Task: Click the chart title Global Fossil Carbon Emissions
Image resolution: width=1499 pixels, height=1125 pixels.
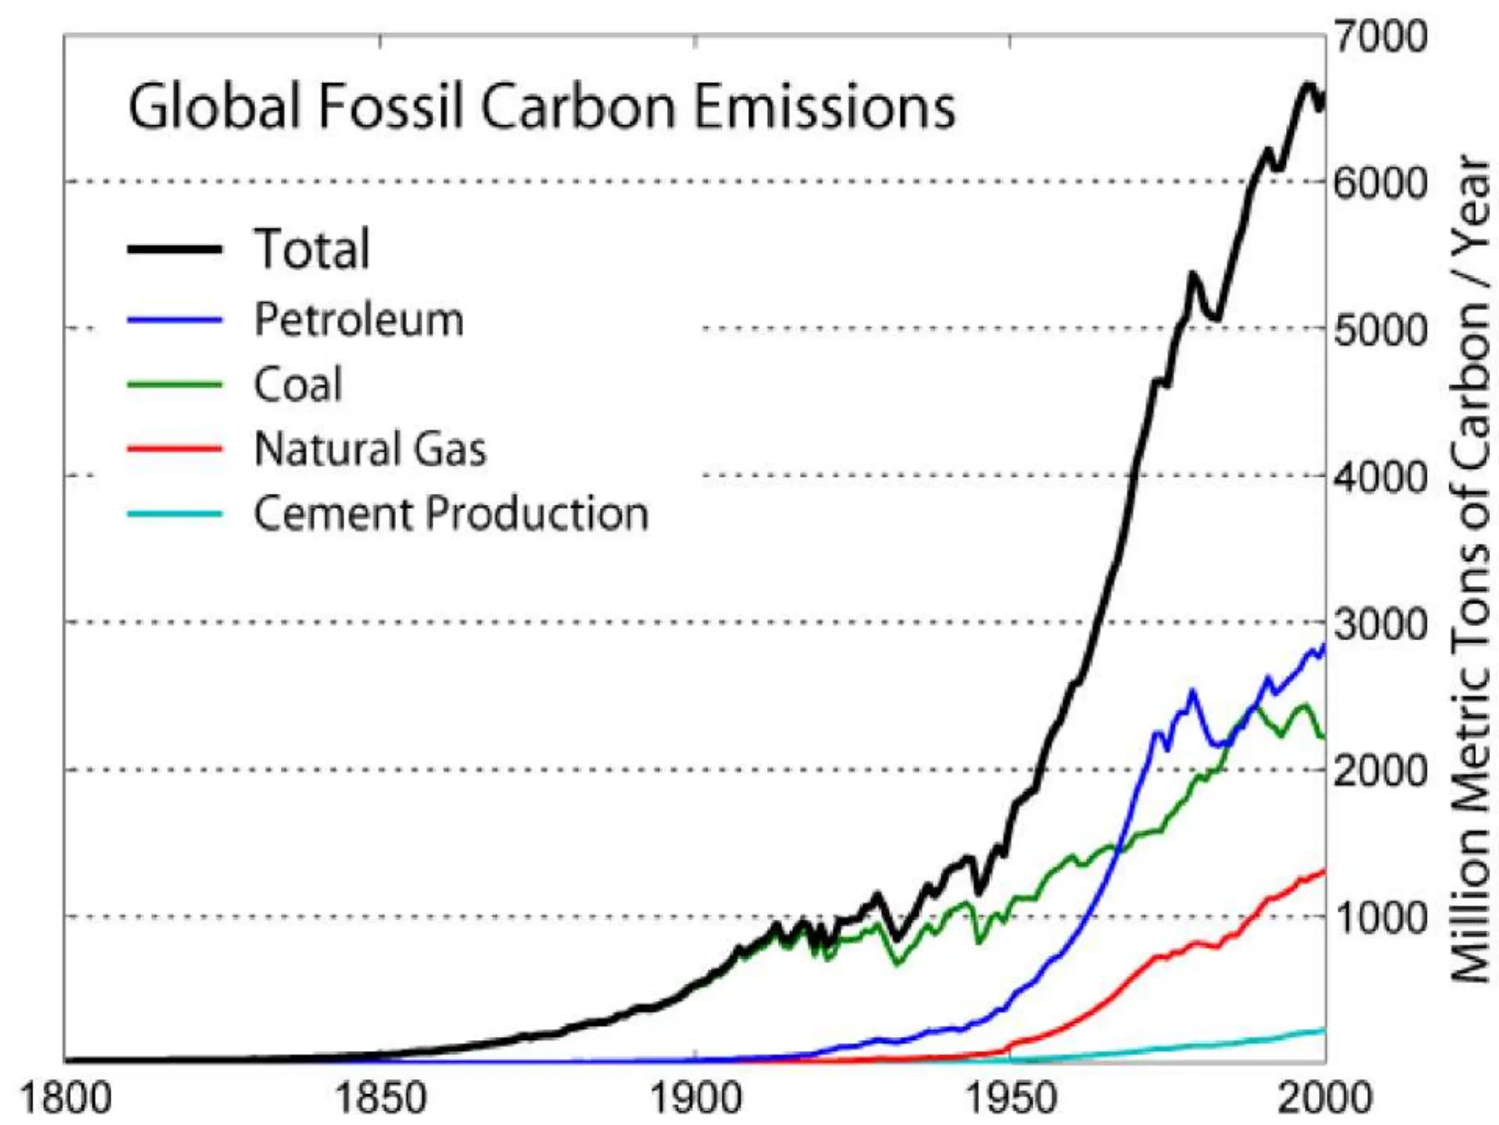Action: (542, 107)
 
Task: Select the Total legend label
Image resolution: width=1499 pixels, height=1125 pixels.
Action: (312, 249)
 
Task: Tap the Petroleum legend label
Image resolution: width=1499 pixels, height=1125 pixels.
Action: (359, 320)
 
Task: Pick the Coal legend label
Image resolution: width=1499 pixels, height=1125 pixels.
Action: (298, 385)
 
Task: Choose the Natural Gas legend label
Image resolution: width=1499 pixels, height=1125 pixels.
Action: (370, 448)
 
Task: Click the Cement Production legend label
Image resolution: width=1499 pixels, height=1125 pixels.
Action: (451, 513)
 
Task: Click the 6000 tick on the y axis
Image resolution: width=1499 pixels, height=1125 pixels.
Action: (1380, 182)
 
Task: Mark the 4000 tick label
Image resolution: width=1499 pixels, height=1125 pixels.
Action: (1380, 478)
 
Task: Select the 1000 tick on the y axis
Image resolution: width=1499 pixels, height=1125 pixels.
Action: (1380, 917)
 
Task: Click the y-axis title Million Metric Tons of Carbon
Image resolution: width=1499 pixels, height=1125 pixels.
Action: (1471, 568)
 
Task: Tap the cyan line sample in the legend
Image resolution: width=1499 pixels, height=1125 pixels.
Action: (174, 513)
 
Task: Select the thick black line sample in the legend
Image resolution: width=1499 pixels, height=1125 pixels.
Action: (174, 249)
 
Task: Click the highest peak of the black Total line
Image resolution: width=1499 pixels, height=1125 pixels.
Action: (1309, 85)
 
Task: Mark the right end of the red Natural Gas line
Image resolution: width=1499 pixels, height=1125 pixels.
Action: (1325, 870)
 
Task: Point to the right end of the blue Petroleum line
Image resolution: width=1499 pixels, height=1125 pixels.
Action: (1325, 645)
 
